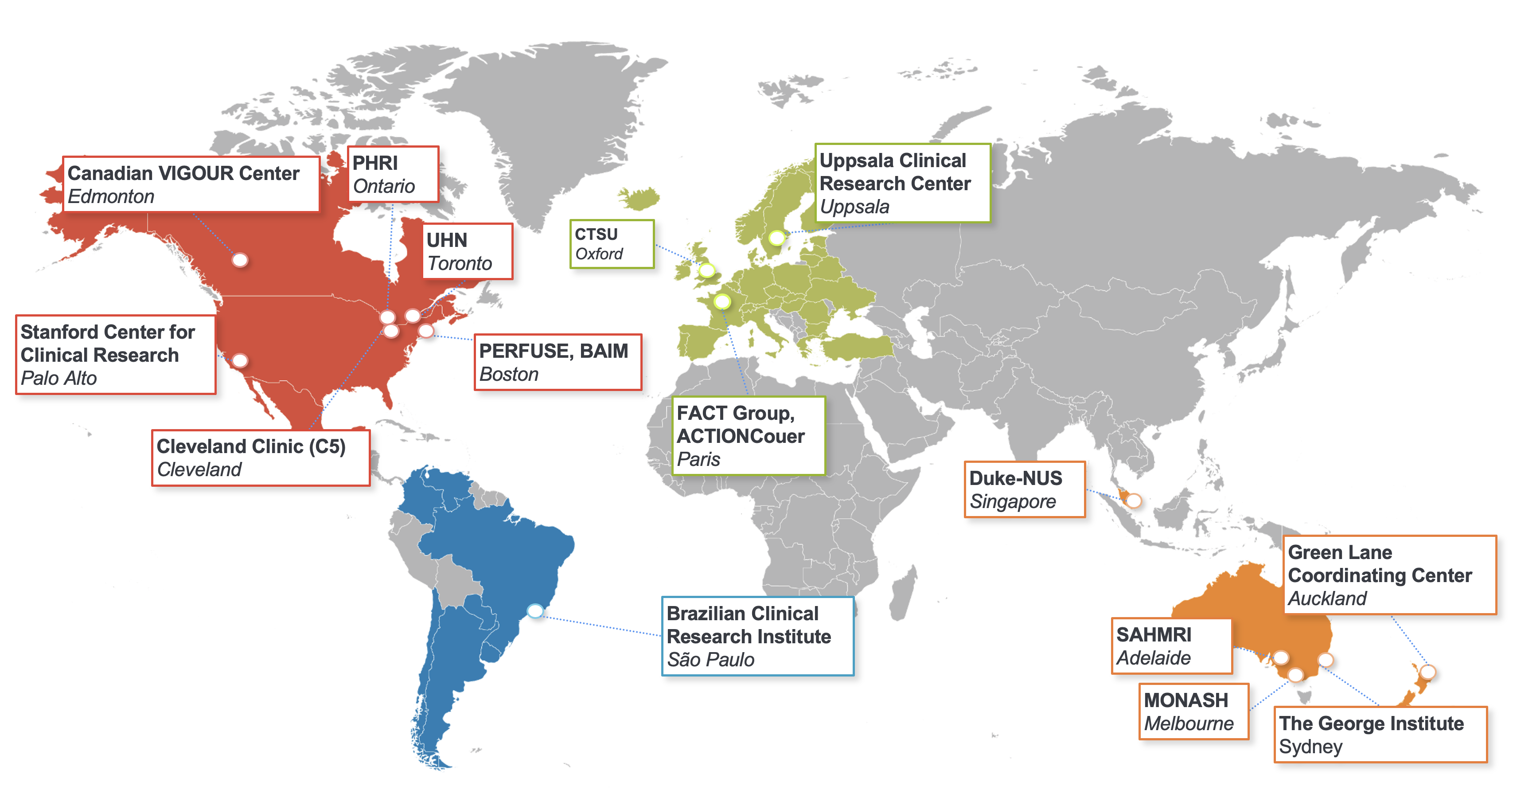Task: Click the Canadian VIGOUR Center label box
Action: [x=191, y=184]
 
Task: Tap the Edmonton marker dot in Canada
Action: [x=240, y=260]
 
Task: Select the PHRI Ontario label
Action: [x=392, y=174]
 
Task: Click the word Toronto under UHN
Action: [x=459, y=263]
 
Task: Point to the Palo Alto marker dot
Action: [x=240, y=360]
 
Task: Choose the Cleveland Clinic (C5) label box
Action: [x=260, y=458]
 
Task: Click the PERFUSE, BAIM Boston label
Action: [x=558, y=362]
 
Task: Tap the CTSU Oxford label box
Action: [x=612, y=244]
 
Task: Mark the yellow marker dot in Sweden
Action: [x=776, y=238]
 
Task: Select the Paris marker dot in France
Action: [x=722, y=301]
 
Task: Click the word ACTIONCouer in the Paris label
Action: [x=740, y=436]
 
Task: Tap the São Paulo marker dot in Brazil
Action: [x=535, y=610]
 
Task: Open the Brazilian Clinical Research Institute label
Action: [x=757, y=636]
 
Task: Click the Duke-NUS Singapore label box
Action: [x=1024, y=489]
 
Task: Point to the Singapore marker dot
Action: [x=1134, y=501]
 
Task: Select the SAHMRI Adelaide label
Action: [x=1171, y=645]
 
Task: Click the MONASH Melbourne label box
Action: [x=1193, y=711]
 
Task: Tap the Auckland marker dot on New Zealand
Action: [x=1428, y=671]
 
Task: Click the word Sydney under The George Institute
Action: [x=1310, y=747]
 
